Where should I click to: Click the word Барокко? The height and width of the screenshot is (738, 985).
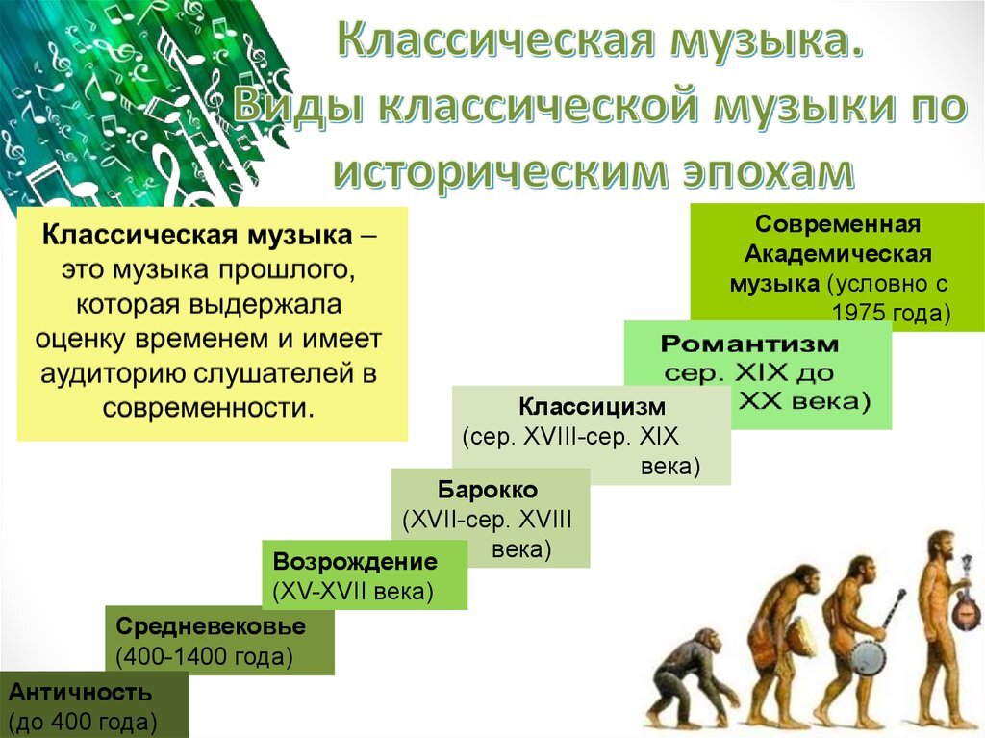click(488, 490)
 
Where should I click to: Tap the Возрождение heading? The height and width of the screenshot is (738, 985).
click(355, 561)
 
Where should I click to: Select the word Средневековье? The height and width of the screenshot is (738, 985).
click(211, 626)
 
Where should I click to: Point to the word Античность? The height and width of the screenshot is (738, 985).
click(81, 692)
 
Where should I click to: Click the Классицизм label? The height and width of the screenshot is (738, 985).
click(592, 407)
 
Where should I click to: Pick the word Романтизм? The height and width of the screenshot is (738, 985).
click(749, 344)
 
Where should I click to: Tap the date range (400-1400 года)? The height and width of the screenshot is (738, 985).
click(205, 656)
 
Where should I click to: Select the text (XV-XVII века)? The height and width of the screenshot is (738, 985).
click(353, 592)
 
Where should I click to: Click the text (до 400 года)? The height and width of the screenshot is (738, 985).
click(83, 723)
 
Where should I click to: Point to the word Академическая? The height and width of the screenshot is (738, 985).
click(838, 254)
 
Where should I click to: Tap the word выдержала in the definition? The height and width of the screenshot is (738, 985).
click(265, 305)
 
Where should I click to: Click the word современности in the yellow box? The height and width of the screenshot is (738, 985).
click(208, 409)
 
